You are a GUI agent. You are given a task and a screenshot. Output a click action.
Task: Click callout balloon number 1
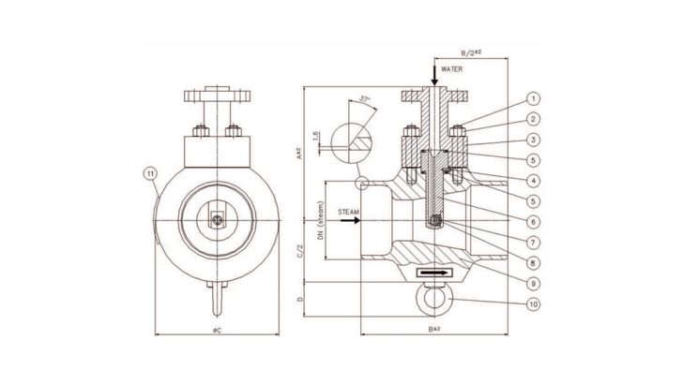(533, 98)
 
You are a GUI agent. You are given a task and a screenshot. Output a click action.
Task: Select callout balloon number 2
(533, 119)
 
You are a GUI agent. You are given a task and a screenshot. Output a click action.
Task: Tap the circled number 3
(533, 140)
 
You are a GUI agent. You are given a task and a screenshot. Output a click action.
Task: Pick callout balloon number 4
(533, 180)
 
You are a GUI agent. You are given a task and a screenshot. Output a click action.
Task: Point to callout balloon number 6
(533, 221)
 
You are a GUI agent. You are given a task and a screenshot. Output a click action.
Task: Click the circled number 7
(533, 242)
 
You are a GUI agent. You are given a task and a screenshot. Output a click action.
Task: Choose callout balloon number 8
(533, 262)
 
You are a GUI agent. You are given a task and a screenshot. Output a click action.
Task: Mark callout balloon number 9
(533, 282)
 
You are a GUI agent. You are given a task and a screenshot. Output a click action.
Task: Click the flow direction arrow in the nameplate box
(433, 272)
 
